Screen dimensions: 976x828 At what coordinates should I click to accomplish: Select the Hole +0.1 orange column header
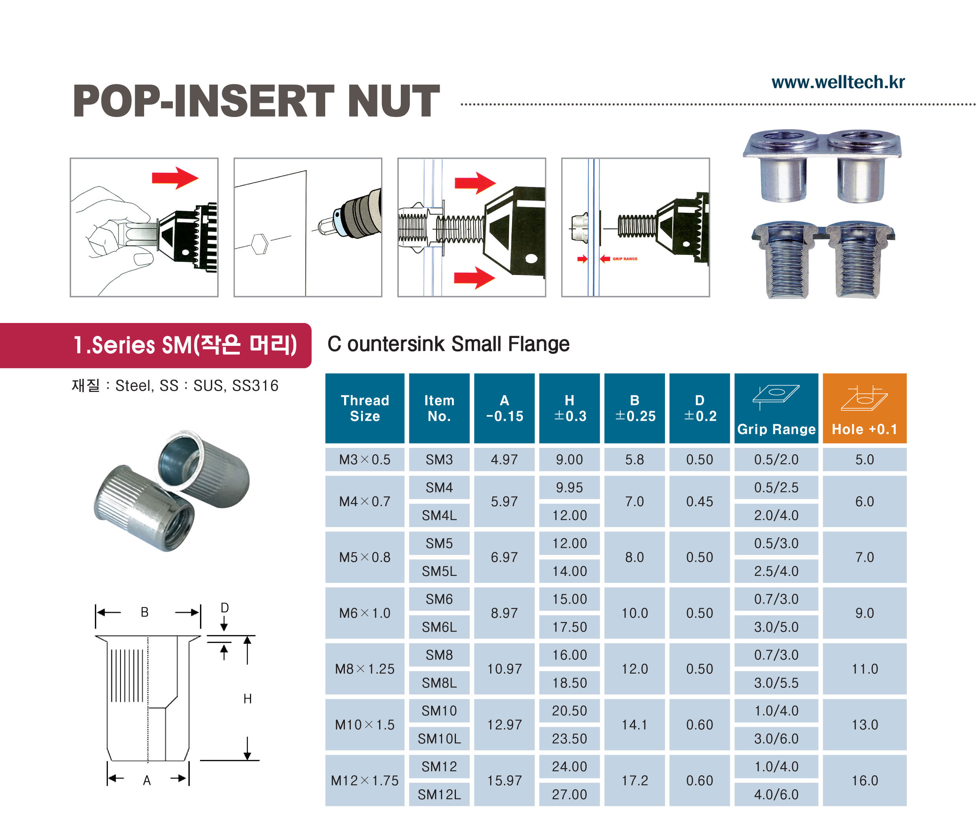pyautogui.click(x=864, y=408)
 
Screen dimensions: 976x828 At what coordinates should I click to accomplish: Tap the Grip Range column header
pyautogui.click(x=776, y=408)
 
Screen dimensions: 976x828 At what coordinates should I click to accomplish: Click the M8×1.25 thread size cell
pyautogui.click(x=365, y=668)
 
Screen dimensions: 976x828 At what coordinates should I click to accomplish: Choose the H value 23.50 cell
pyautogui.click(x=569, y=738)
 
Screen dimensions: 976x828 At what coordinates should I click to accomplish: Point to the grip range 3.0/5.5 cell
pyautogui.click(x=776, y=683)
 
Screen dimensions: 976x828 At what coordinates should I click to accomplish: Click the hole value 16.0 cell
pyautogui.click(x=864, y=780)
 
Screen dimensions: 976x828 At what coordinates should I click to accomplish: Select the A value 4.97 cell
pyautogui.click(x=504, y=459)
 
